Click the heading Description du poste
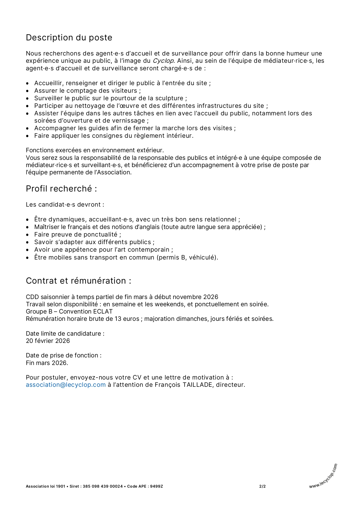coord(69,37)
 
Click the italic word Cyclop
coord(163,61)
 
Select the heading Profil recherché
coord(61,189)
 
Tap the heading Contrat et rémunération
coord(78,281)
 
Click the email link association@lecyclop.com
coord(66,385)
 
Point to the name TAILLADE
coord(198,385)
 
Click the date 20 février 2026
coord(48,341)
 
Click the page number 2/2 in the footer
coord(262,486)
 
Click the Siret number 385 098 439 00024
coord(103,486)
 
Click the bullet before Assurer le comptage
coord(28,91)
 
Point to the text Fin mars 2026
coord(47,363)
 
